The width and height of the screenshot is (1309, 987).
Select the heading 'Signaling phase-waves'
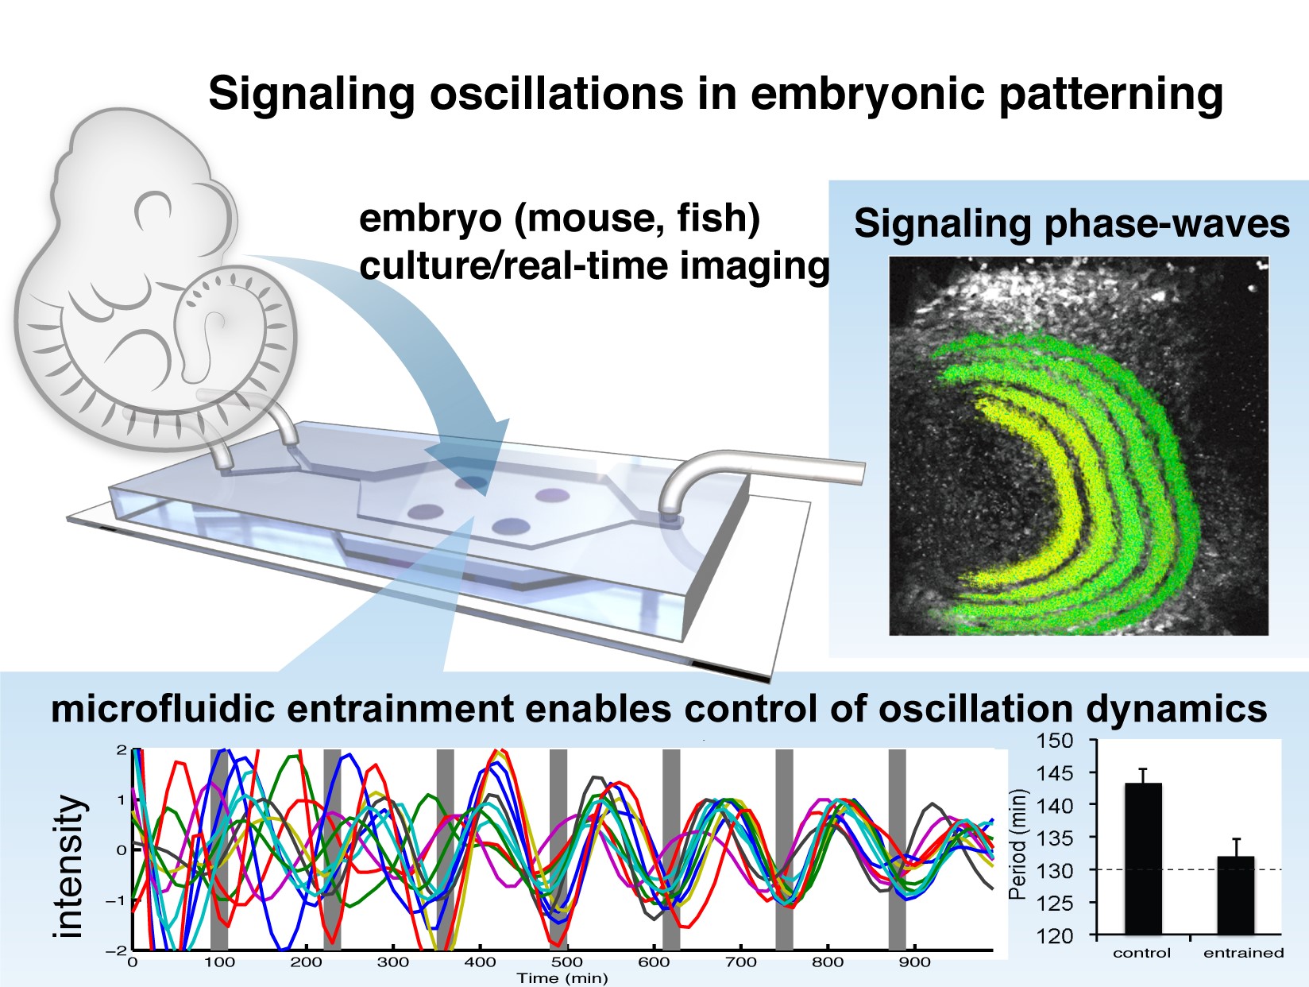click(x=1072, y=224)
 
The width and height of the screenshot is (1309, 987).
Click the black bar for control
click(x=1143, y=859)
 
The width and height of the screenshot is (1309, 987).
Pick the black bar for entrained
click(x=1236, y=895)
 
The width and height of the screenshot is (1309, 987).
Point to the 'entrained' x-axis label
click(x=1243, y=953)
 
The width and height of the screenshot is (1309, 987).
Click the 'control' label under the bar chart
click(x=1142, y=953)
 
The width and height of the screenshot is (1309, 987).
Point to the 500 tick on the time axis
click(x=566, y=962)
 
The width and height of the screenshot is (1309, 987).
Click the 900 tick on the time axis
click(x=915, y=962)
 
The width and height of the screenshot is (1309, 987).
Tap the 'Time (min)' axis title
click(x=562, y=978)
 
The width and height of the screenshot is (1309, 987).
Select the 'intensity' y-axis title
click(x=68, y=866)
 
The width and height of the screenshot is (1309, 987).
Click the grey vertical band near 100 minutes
click(x=219, y=850)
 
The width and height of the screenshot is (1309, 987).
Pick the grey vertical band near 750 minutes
click(x=784, y=850)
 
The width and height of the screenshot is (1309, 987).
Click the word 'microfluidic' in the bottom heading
click(x=163, y=709)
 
